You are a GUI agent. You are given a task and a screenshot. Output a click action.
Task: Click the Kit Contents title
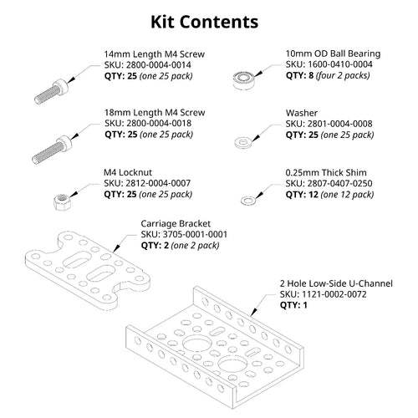click(204, 22)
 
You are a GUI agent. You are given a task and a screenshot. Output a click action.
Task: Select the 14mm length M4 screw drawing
click(51, 92)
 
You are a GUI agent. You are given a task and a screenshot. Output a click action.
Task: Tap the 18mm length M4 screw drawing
click(52, 150)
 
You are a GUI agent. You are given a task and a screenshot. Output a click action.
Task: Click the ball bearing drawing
click(244, 80)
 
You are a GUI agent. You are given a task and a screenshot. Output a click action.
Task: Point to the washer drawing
click(243, 142)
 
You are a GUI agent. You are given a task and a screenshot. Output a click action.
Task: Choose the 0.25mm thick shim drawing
click(248, 200)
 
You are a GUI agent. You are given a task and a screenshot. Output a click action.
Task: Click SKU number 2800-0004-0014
click(159, 65)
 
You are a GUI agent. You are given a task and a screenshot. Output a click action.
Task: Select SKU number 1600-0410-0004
click(340, 64)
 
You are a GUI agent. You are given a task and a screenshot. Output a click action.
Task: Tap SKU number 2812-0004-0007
click(158, 183)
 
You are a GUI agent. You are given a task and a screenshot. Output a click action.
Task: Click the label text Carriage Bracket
click(176, 223)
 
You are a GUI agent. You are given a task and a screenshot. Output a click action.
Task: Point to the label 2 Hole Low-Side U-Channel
click(336, 283)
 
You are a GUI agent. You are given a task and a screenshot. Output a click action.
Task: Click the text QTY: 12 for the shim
click(302, 195)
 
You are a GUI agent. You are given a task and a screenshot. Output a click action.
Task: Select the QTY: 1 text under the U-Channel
click(293, 305)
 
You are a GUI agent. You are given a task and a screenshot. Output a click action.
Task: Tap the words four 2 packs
click(343, 75)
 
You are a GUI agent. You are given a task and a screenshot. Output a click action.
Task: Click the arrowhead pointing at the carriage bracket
click(116, 248)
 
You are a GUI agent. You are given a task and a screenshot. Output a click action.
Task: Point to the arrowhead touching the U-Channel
click(253, 312)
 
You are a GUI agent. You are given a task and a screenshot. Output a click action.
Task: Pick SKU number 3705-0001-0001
click(195, 234)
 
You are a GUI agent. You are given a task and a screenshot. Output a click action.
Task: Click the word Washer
click(302, 113)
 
